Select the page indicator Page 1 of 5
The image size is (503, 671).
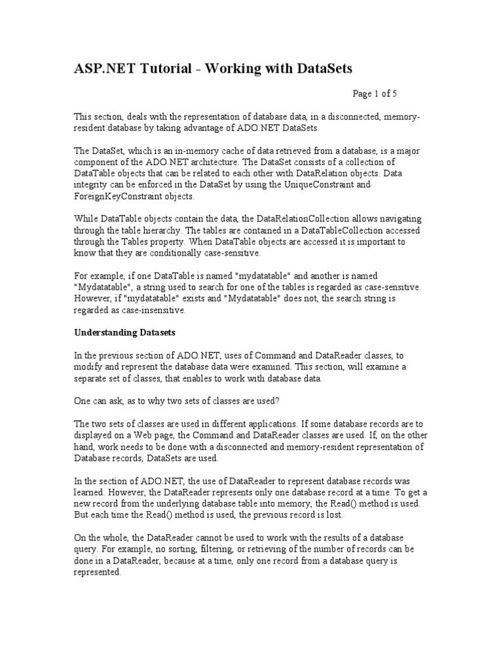[375, 94]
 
